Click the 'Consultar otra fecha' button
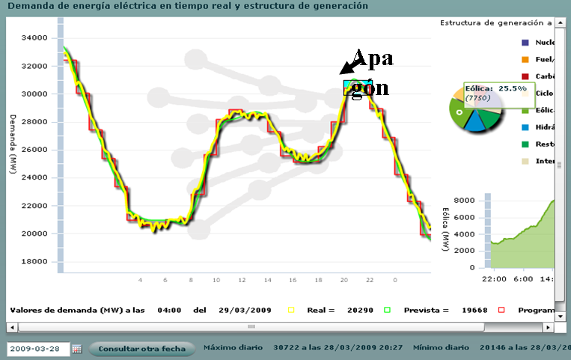point(141,349)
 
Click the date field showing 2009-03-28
point(37,349)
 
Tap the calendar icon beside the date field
point(77,349)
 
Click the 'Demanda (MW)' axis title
point(14,146)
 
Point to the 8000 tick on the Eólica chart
point(466,201)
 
